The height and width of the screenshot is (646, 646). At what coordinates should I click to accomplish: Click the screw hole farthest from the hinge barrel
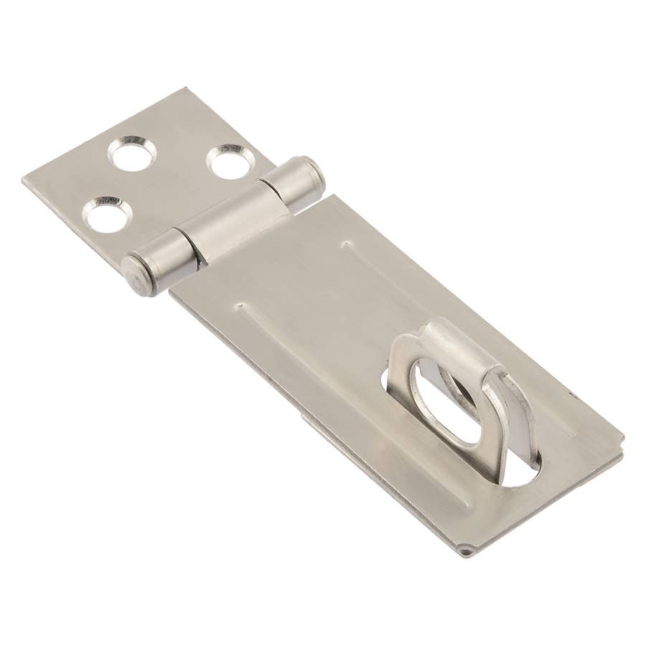[x=131, y=153]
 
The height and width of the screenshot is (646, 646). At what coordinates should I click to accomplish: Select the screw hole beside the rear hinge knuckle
[x=231, y=162]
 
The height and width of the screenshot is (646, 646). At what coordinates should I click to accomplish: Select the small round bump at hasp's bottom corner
[x=467, y=551]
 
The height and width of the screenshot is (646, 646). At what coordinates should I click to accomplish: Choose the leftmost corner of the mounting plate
[x=24, y=179]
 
